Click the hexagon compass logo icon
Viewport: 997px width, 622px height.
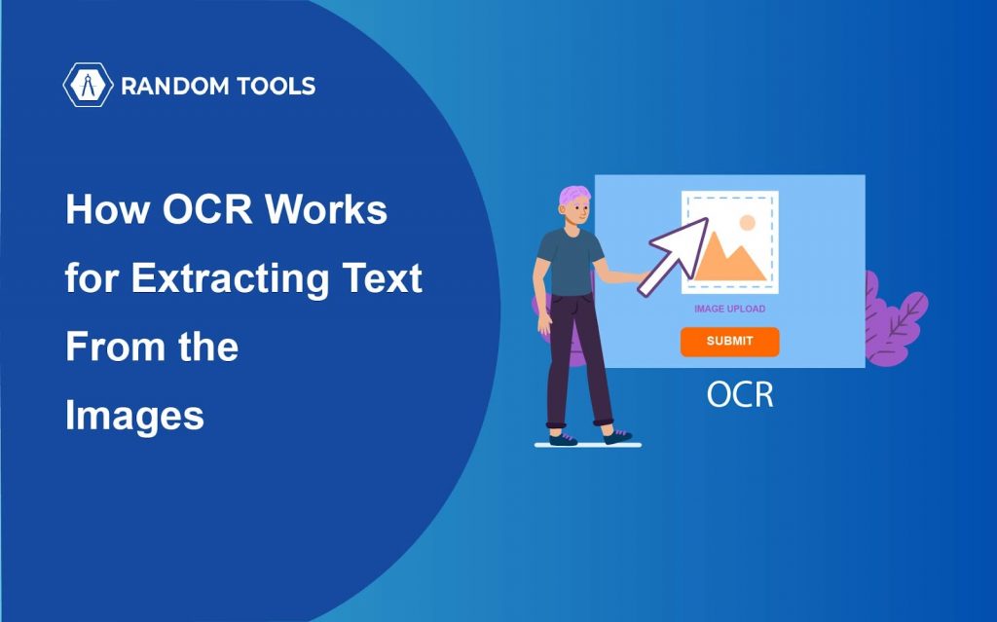pos(88,85)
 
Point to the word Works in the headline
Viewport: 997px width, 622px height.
pos(326,208)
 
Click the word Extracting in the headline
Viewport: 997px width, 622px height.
pos(230,278)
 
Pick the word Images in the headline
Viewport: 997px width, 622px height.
pos(134,418)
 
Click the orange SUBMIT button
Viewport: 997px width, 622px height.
pos(730,342)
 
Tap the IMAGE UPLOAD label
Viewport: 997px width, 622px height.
pos(730,310)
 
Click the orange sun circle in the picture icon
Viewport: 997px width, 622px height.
pos(747,223)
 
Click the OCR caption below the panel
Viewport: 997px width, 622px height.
pos(740,395)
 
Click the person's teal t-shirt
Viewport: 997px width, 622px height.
pos(571,261)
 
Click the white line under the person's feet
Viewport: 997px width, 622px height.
pos(587,445)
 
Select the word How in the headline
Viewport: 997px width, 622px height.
pos(108,208)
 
